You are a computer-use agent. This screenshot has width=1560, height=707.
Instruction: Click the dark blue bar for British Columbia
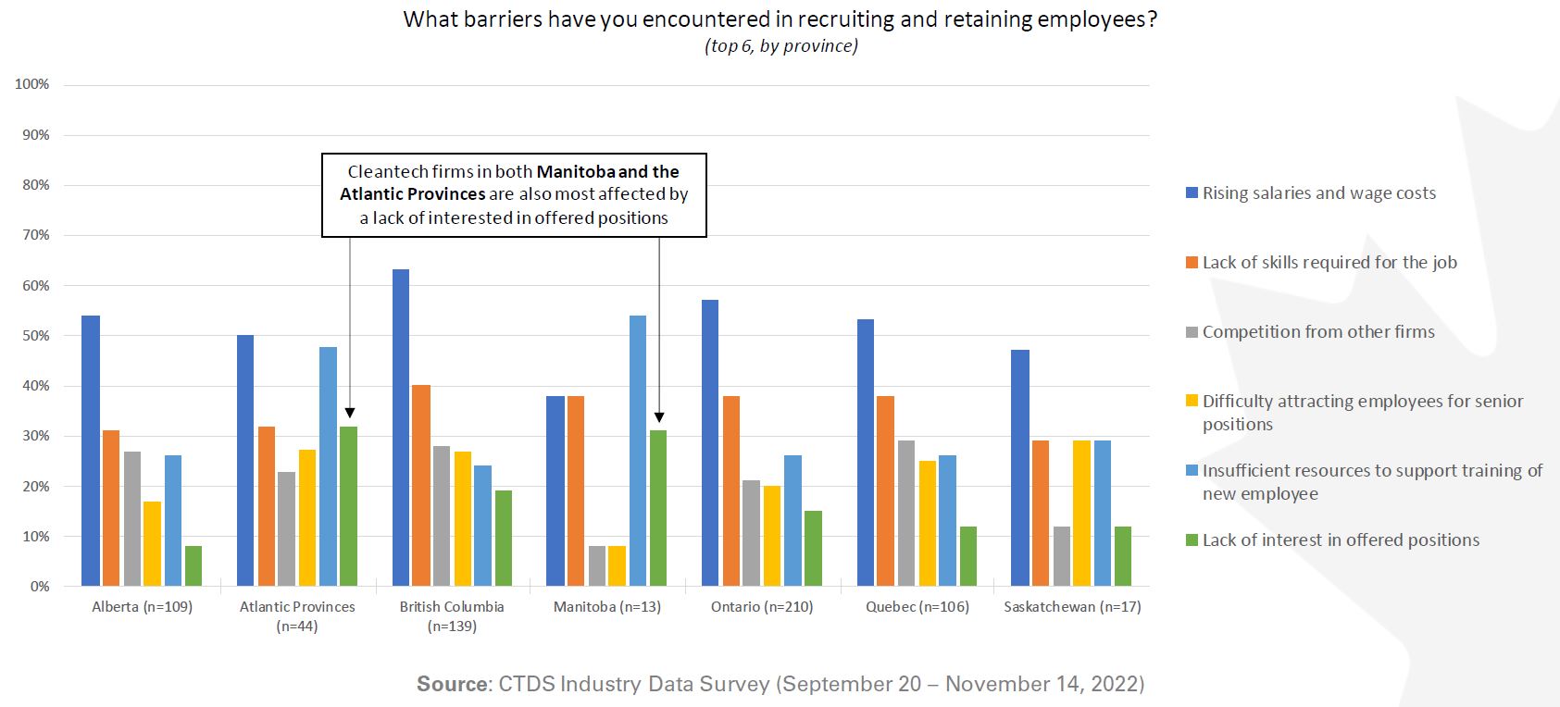(401, 428)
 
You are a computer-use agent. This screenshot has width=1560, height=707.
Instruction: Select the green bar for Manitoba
(658, 508)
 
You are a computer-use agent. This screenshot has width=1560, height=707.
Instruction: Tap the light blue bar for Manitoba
(638, 451)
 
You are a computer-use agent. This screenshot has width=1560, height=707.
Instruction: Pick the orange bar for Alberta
(111, 508)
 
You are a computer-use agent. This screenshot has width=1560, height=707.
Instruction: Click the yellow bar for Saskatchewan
(1082, 514)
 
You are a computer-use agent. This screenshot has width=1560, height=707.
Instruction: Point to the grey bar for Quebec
(906, 514)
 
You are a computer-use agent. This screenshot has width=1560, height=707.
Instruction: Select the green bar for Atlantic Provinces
(348, 506)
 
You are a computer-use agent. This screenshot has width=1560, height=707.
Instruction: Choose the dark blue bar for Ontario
(710, 443)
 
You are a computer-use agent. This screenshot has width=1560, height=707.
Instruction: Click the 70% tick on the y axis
(32, 235)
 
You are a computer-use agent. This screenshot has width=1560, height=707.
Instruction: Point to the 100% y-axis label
(32, 84)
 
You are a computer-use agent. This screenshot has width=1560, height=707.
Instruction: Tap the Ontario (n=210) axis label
(762, 607)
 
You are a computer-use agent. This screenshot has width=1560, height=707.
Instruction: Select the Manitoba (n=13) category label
(607, 607)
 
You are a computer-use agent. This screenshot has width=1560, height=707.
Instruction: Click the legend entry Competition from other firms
(1318, 332)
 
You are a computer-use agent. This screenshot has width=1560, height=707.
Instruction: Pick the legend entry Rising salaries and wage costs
(1319, 193)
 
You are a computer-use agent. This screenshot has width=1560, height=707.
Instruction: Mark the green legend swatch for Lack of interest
(1192, 540)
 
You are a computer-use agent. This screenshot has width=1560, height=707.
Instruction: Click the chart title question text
(780, 20)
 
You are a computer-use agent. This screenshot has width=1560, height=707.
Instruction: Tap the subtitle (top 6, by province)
(780, 46)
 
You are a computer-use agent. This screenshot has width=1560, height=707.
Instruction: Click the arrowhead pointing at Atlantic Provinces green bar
(350, 414)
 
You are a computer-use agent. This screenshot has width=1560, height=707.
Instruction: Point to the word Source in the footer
(452, 684)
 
